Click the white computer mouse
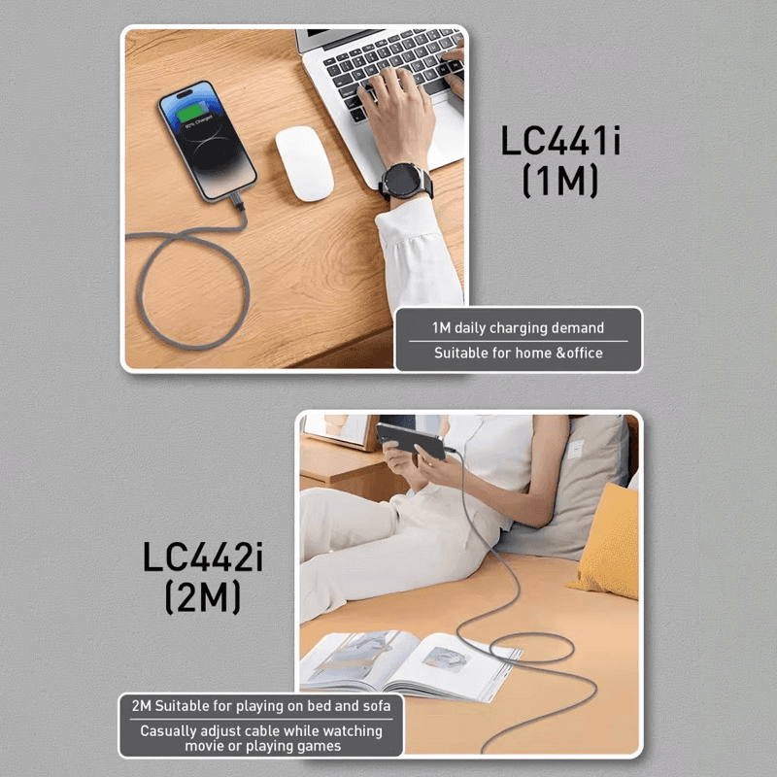point(304,163)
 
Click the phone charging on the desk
point(206,139)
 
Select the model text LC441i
point(560,141)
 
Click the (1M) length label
point(560,182)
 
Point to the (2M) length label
point(203,598)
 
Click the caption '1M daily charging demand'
point(518,328)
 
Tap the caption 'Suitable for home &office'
point(518,354)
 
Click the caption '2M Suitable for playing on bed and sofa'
point(261,706)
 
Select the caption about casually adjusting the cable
point(261,738)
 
